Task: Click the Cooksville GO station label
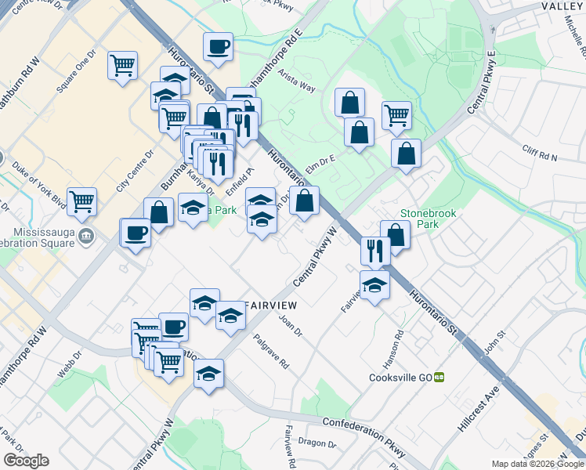click(x=401, y=377)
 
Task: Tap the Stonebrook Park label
click(x=427, y=218)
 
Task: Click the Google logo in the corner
click(x=26, y=461)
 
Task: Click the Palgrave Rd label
click(x=271, y=352)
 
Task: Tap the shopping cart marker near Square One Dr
click(x=123, y=67)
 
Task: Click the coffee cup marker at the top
click(x=218, y=46)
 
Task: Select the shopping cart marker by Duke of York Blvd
click(x=81, y=202)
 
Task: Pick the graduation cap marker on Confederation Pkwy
click(x=208, y=374)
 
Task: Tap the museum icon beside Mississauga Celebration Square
click(x=87, y=235)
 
